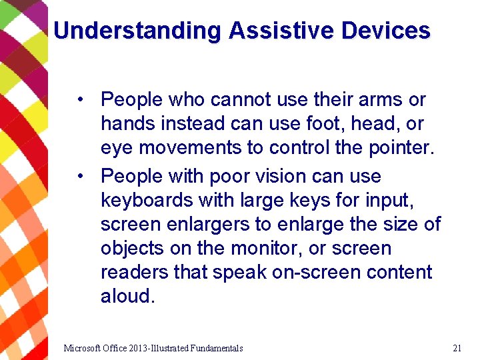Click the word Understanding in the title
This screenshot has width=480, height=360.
pos(137,31)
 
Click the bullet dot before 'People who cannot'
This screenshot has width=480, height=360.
pos(79,100)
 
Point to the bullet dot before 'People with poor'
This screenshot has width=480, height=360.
pos(79,177)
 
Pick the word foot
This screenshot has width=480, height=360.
pos(305,124)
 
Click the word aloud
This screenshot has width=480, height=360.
pos(127,297)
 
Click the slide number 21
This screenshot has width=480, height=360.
pos(457,348)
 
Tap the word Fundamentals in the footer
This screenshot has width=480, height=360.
pos(216,348)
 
